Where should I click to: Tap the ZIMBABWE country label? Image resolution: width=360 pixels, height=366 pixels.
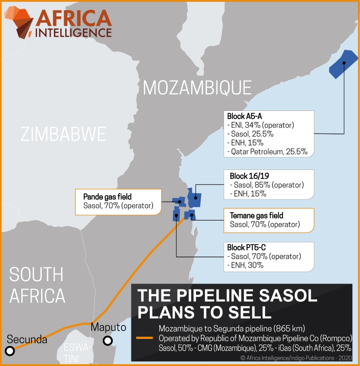[63, 134]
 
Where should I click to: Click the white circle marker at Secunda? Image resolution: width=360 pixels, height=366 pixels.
[10, 351]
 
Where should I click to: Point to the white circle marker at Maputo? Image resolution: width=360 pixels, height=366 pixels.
[107, 341]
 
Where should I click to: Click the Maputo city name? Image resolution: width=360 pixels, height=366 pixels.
[108, 327]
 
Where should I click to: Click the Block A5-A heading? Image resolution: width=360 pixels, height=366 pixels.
[242, 117]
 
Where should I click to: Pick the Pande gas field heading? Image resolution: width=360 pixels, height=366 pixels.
[107, 197]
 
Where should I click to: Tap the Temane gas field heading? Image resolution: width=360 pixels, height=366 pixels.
[256, 216]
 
